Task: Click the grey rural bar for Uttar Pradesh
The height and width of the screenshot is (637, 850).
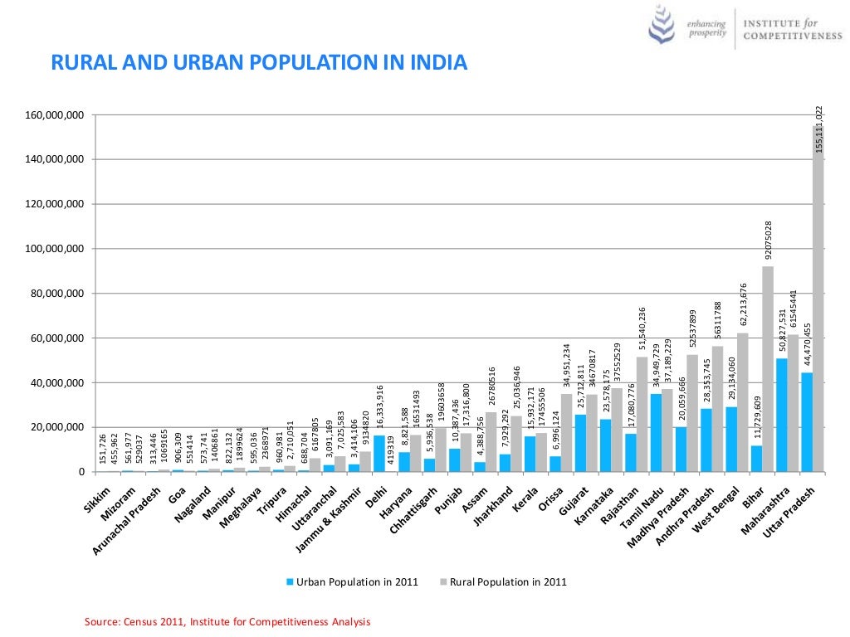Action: pyautogui.click(x=818, y=299)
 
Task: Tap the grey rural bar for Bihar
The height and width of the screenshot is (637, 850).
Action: pyautogui.click(x=768, y=369)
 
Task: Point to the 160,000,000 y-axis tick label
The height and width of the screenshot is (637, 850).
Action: pyautogui.click(x=56, y=114)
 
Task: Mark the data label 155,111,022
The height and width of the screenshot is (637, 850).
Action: pyautogui.click(x=818, y=129)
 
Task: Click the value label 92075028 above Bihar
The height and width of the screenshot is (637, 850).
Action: pyautogui.click(x=769, y=241)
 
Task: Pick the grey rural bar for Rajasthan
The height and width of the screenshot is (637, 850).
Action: pyautogui.click(x=642, y=414)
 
